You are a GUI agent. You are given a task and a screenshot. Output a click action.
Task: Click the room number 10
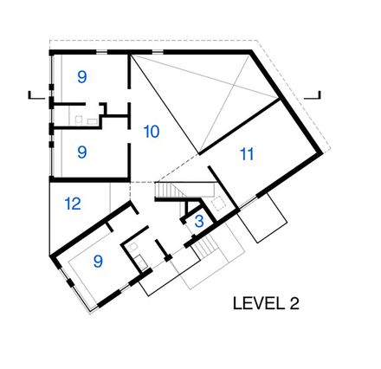click(x=152, y=132)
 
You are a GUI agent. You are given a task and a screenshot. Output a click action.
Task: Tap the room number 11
click(x=247, y=154)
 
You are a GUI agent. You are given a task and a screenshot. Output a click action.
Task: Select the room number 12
click(x=73, y=204)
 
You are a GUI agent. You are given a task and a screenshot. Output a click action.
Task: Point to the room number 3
click(x=199, y=222)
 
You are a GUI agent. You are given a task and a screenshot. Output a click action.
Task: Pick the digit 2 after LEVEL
click(x=294, y=303)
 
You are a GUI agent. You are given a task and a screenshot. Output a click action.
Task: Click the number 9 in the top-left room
click(x=82, y=77)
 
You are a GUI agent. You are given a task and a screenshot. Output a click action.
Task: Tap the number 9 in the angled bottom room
click(x=98, y=262)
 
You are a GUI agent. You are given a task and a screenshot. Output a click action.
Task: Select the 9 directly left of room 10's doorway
click(x=82, y=152)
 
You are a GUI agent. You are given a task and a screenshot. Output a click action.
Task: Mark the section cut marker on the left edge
click(x=36, y=95)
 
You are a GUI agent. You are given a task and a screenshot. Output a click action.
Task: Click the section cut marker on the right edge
click(x=313, y=95)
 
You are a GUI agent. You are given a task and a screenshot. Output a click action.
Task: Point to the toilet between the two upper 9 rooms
click(x=79, y=120)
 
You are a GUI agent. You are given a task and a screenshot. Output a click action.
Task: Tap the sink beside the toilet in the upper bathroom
click(x=92, y=121)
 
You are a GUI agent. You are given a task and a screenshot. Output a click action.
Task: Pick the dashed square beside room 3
click(x=218, y=203)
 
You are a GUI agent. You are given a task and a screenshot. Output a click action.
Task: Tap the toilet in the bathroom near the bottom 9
click(x=133, y=248)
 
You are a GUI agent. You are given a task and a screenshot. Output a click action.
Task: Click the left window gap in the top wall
click(x=101, y=52)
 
